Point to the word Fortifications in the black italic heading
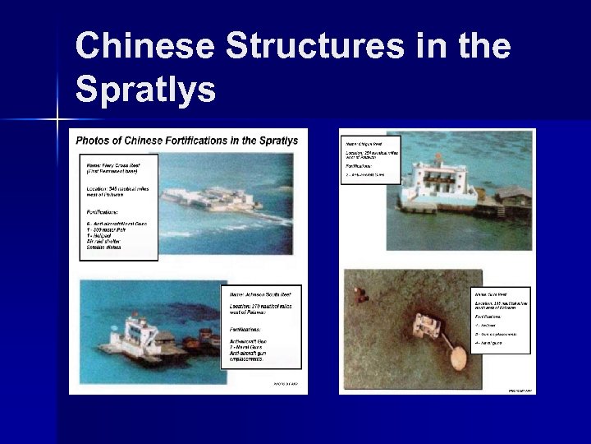[195, 140]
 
